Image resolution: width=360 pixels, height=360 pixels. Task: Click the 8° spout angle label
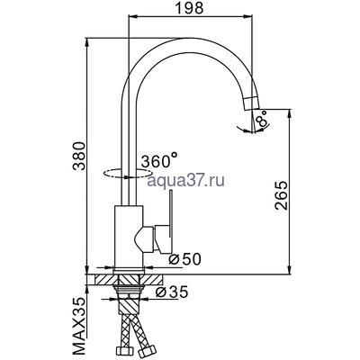click(x=261, y=120)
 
